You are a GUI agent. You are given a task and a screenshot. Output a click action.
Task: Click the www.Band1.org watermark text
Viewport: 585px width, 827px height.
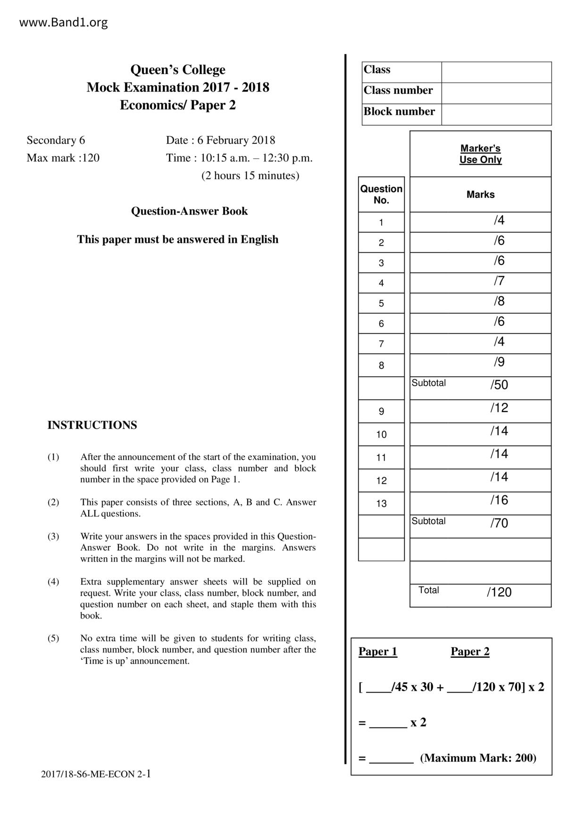coord(63,22)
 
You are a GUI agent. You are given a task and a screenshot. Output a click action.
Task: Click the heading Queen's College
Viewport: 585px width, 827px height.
coord(178,70)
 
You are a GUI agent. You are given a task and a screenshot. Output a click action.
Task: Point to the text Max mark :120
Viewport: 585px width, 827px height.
coord(63,157)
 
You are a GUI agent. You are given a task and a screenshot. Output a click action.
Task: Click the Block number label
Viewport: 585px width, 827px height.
coord(399,112)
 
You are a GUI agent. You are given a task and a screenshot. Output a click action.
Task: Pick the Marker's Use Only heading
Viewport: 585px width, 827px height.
coord(480,154)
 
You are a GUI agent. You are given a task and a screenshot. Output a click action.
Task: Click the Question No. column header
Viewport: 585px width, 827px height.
coord(381,194)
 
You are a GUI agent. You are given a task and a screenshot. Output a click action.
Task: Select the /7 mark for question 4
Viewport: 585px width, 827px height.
coord(499,281)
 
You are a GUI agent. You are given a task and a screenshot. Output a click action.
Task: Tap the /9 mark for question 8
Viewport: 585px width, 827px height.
coord(499,362)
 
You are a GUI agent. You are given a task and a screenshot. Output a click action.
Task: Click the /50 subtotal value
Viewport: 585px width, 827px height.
coord(499,385)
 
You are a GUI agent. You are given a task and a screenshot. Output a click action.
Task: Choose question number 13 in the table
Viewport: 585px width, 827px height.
coord(381,504)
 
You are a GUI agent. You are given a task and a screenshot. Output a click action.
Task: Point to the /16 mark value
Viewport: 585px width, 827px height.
coord(499,500)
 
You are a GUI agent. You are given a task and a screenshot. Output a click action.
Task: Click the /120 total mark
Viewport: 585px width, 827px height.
coord(499,592)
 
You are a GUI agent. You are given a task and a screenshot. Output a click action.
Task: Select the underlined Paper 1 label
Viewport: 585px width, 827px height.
coord(378,652)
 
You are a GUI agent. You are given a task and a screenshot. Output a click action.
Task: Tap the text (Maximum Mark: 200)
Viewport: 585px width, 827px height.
coord(478,758)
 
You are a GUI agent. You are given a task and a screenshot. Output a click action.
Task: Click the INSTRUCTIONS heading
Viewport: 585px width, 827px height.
coord(92,425)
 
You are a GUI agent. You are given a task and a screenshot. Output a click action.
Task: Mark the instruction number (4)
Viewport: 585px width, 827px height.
coord(53,582)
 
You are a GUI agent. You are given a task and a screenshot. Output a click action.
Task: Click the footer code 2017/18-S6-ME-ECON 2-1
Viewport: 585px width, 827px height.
coord(96,774)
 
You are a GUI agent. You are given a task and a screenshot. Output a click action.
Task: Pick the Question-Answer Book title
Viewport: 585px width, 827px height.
coord(189,211)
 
